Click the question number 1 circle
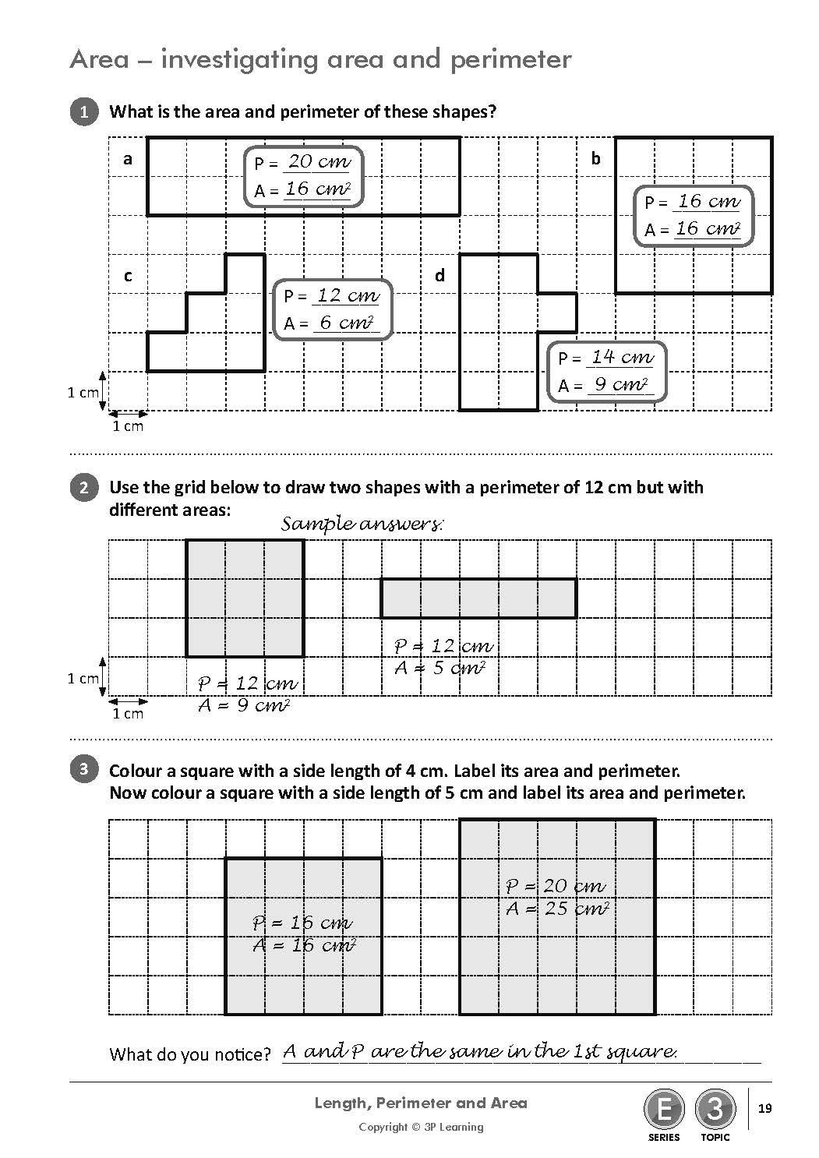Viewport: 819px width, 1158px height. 84,111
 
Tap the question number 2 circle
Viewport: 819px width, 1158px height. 84,488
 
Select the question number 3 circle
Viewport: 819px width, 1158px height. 84,770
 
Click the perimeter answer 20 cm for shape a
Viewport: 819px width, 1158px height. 319,162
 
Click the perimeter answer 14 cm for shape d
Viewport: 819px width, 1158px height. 621,357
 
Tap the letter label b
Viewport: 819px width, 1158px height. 596,159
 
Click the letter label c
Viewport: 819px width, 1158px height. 128,276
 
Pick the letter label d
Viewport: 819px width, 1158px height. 440,276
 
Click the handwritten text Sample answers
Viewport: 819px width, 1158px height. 362,524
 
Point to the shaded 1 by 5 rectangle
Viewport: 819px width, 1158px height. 478,598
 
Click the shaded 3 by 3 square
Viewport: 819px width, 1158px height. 245,598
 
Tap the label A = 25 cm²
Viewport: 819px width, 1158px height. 556,909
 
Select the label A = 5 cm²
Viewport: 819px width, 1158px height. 440,668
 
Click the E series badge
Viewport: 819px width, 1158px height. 664,1109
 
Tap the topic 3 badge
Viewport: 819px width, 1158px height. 715,1109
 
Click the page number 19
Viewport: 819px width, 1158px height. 764,1108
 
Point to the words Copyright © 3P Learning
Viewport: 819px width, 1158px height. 421,1127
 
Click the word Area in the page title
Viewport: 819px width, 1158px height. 99,59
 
